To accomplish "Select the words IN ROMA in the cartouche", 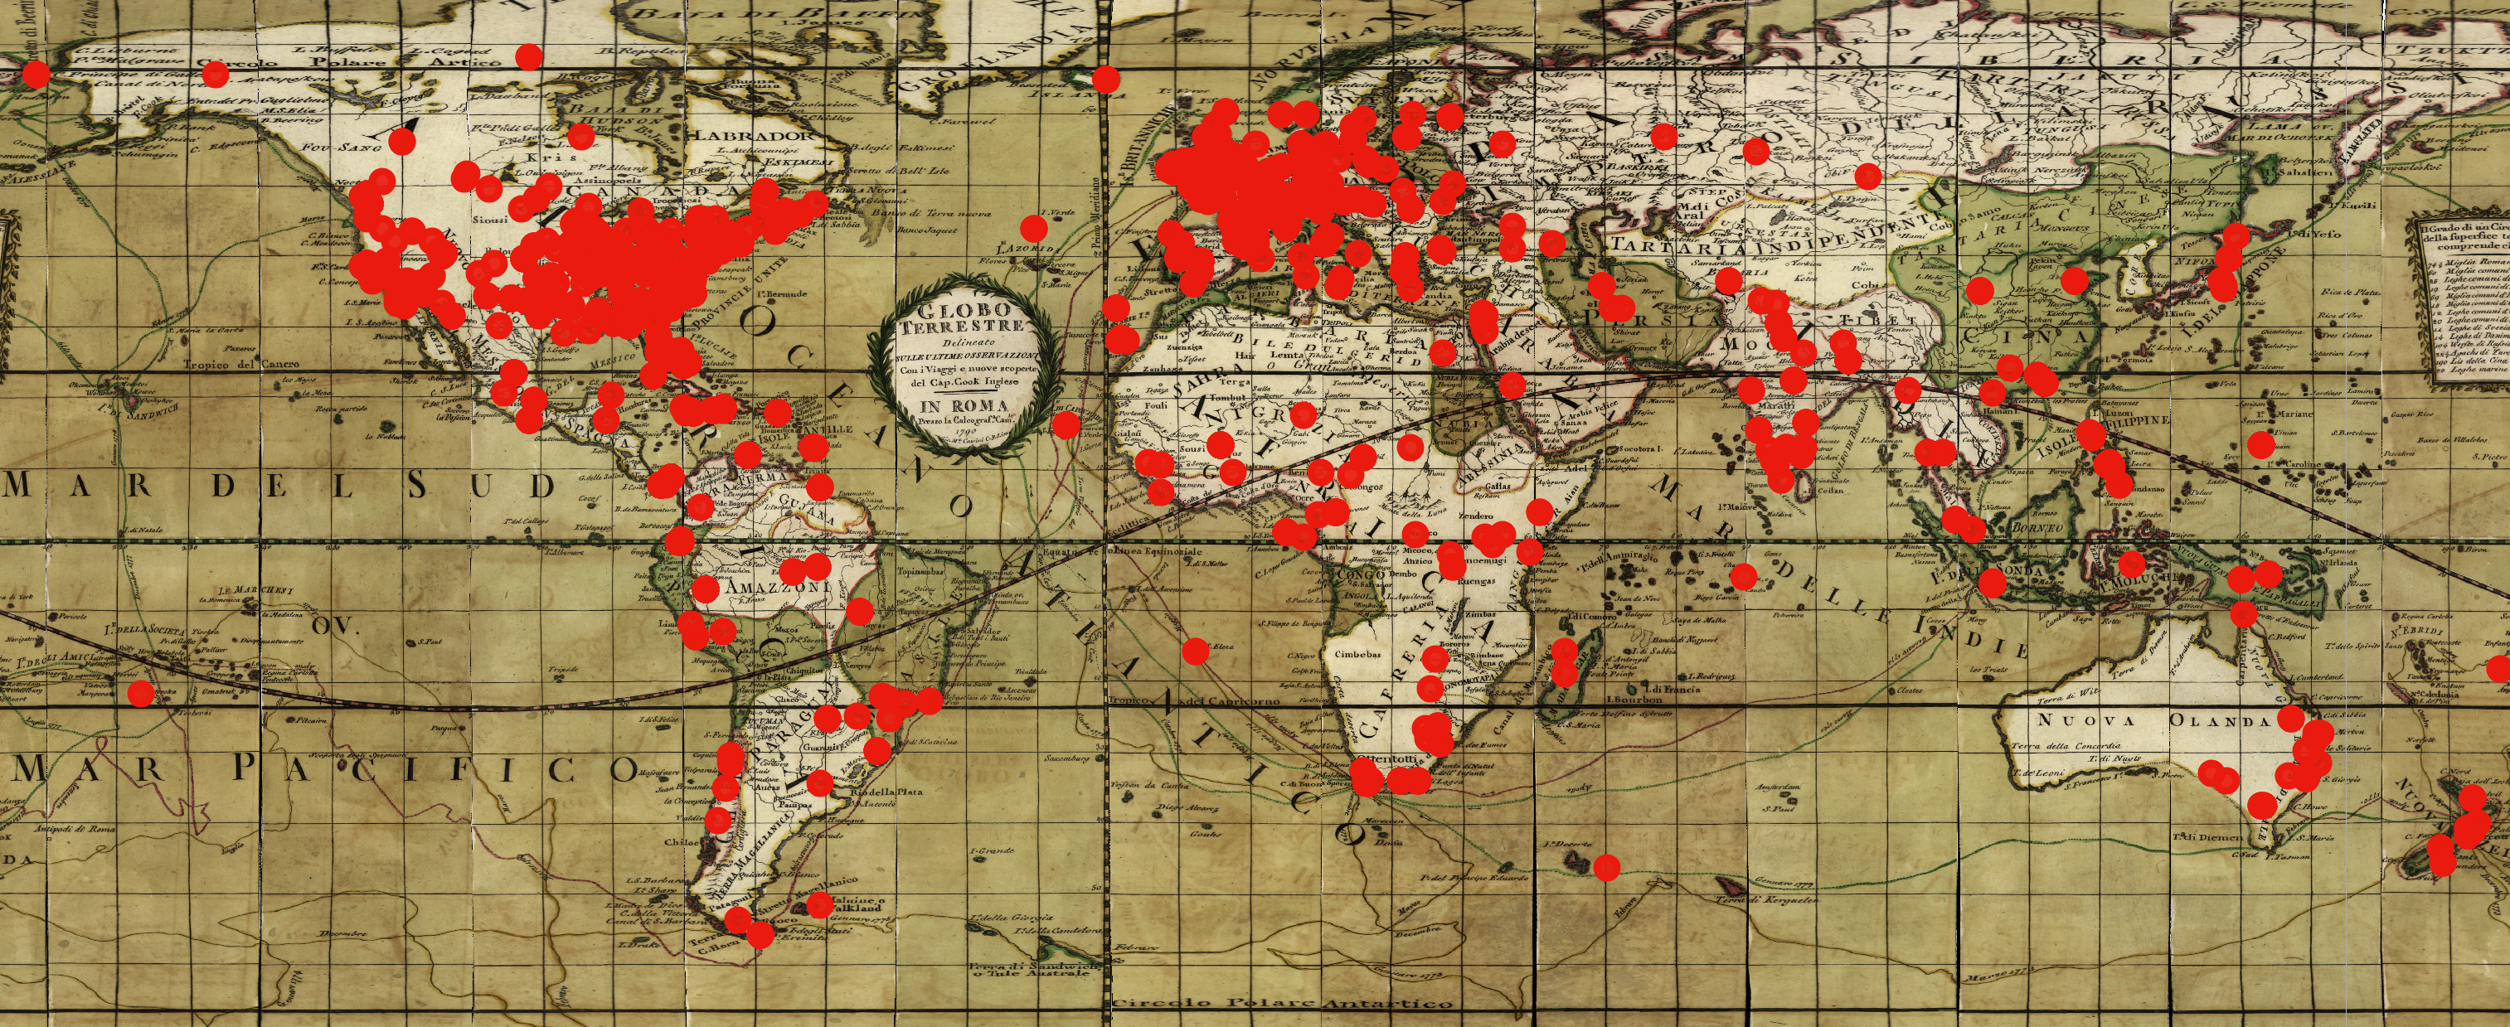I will (x=959, y=405).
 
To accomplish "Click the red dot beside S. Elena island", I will (x=1196, y=650).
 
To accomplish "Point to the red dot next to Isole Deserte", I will (x=1607, y=866).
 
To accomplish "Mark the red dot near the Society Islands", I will (x=140, y=694).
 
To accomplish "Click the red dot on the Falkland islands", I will (x=819, y=903).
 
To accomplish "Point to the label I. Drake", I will (x=638, y=944).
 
